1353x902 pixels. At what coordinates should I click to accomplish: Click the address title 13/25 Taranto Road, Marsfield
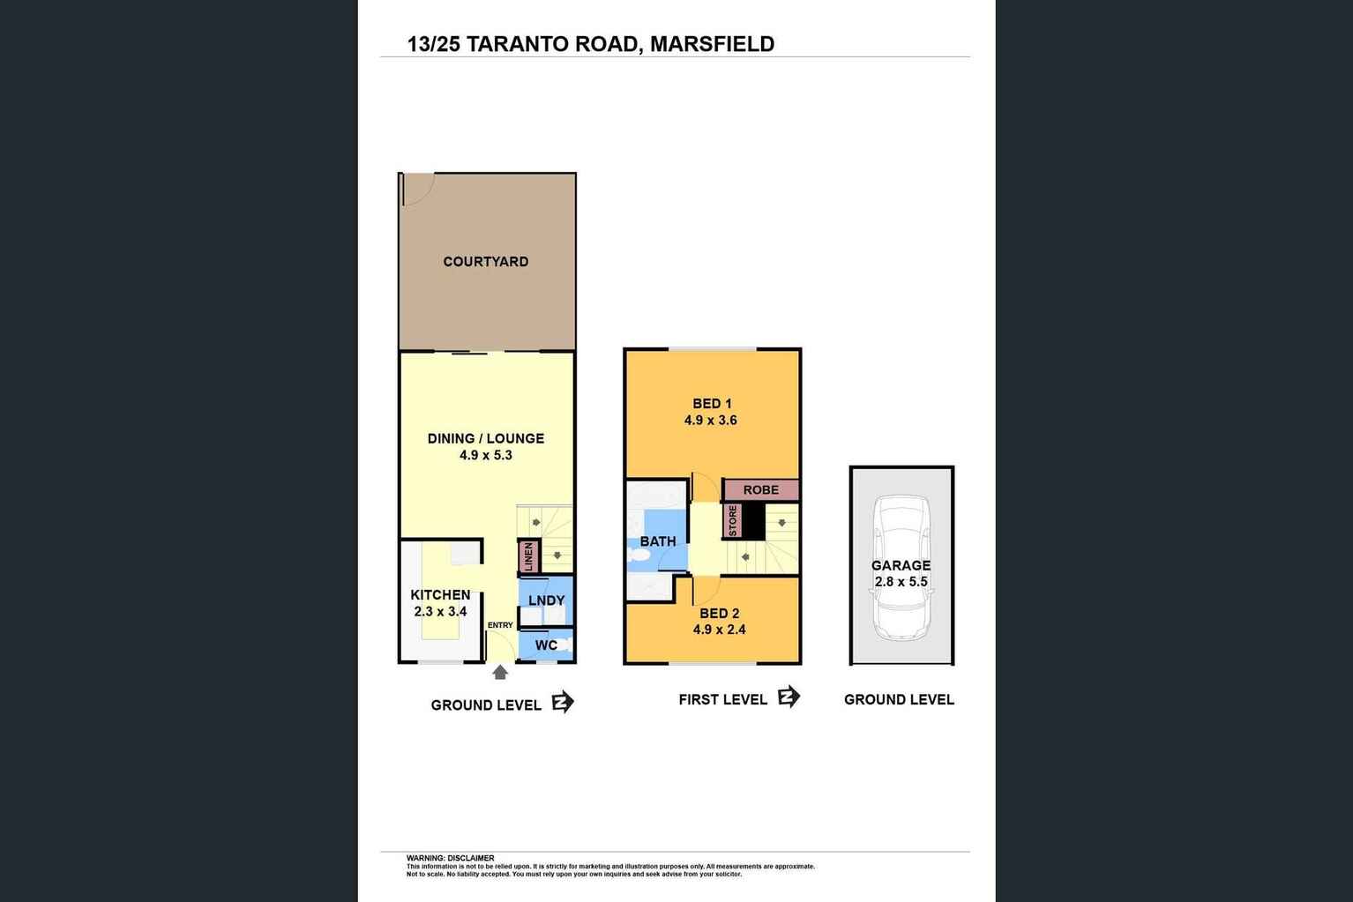[x=590, y=44]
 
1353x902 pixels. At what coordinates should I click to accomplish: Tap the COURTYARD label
[x=485, y=262]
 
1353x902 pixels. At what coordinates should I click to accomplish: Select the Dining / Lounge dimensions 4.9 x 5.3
[x=485, y=456]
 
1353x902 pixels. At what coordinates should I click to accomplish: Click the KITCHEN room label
[x=440, y=595]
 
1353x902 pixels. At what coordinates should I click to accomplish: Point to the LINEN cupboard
[x=528, y=557]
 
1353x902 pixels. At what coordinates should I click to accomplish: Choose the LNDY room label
[x=546, y=600]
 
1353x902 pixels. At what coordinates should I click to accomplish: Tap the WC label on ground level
[x=546, y=645]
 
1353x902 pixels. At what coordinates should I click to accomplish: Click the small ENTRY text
[x=500, y=625]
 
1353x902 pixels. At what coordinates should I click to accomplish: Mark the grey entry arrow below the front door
[x=500, y=673]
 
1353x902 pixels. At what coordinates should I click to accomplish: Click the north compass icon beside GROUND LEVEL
[x=563, y=703]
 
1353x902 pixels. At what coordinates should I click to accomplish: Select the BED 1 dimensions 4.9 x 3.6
[x=710, y=421]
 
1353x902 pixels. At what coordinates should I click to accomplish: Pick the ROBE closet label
[x=760, y=490]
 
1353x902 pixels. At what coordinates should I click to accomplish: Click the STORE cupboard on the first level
[x=732, y=520]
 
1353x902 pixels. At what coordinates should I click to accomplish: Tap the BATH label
[x=658, y=541]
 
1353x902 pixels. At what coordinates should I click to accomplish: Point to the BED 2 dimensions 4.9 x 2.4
[x=719, y=630]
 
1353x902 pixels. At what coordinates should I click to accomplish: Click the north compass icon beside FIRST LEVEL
[x=789, y=697]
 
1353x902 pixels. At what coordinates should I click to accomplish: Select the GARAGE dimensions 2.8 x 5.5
[x=901, y=582]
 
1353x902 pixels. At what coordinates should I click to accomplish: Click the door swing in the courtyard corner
[x=415, y=189]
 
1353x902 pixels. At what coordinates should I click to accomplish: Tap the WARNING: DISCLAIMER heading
[x=450, y=858]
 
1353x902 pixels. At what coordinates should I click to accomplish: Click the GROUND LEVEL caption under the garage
[x=899, y=700]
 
